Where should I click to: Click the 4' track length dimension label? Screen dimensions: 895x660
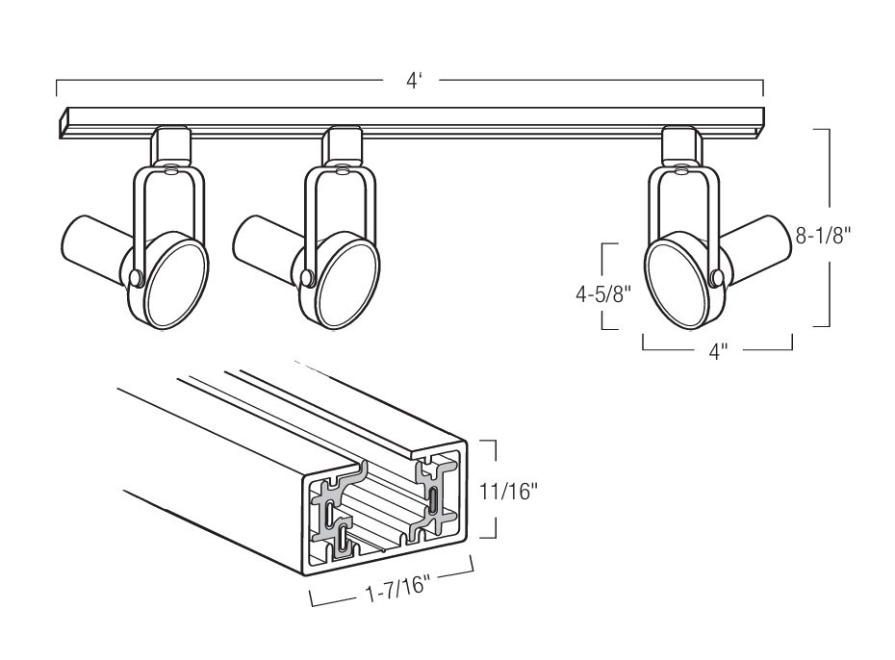[413, 81]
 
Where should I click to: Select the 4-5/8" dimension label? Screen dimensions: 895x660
[603, 294]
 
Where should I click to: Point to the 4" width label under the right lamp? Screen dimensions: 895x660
[718, 352]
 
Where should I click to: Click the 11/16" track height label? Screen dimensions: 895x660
[508, 491]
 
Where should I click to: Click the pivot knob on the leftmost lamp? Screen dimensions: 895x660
[136, 277]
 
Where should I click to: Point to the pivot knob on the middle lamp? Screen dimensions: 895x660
[307, 277]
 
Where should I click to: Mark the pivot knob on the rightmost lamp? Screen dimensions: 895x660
[718, 277]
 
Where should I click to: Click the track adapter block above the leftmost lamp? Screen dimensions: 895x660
[170, 146]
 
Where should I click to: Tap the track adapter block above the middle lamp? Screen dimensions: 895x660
[342, 146]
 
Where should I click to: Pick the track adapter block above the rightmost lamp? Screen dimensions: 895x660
[683, 146]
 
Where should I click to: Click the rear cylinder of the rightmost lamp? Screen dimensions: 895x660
[756, 245]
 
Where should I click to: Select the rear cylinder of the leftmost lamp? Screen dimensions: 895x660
[94, 245]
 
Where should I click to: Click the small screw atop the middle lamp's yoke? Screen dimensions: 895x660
[342, 169]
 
